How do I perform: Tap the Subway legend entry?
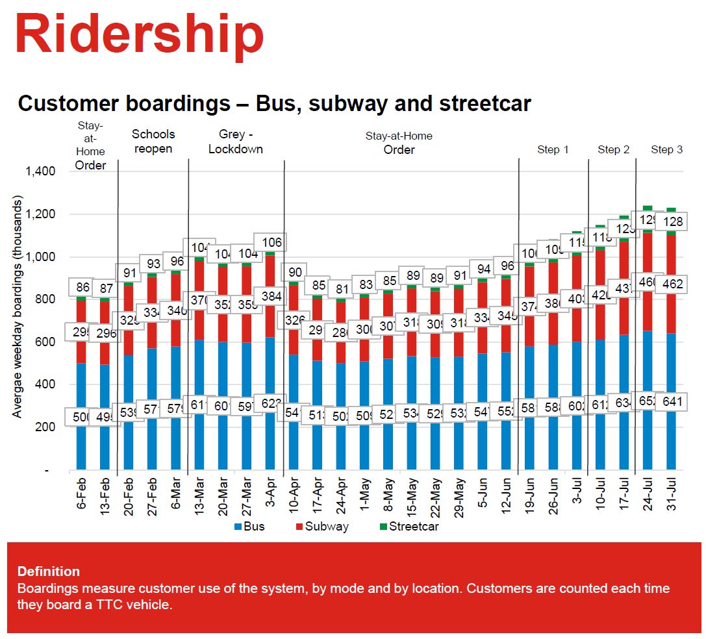[322, 527]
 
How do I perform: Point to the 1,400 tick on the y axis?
[40, 172]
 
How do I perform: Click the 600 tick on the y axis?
[45, 342]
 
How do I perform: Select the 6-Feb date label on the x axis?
[82, 497]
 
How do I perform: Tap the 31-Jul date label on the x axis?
[672, 497]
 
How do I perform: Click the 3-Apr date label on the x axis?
[270, 497]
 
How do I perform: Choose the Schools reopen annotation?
[153, 142]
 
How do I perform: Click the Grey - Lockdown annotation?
[236, 142]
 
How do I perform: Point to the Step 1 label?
[553, 150]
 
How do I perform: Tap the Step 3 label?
[666, 150]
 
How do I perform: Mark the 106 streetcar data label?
[270, 244]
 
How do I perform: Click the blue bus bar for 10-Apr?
[294, 442]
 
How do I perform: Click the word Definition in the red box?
[49, 571]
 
